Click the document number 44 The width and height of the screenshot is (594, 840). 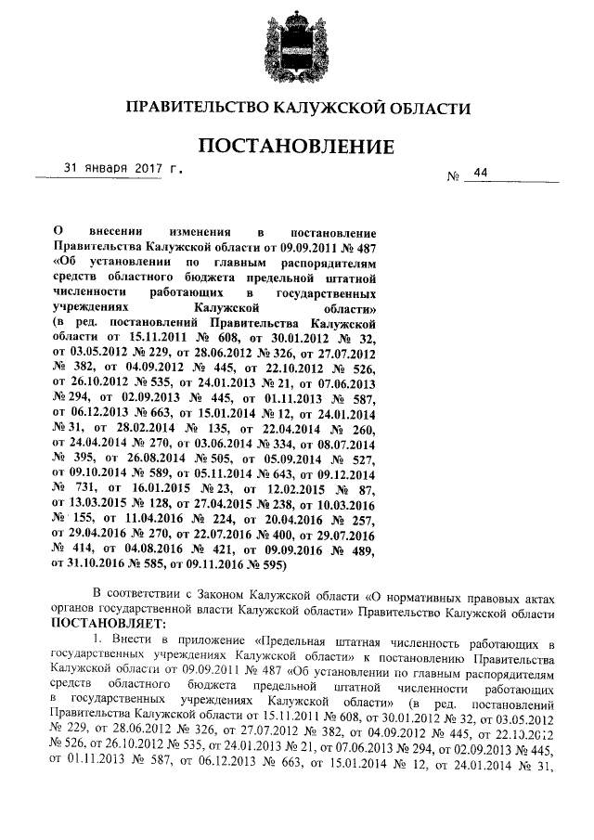pyautogui.click(x=479, y=174)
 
